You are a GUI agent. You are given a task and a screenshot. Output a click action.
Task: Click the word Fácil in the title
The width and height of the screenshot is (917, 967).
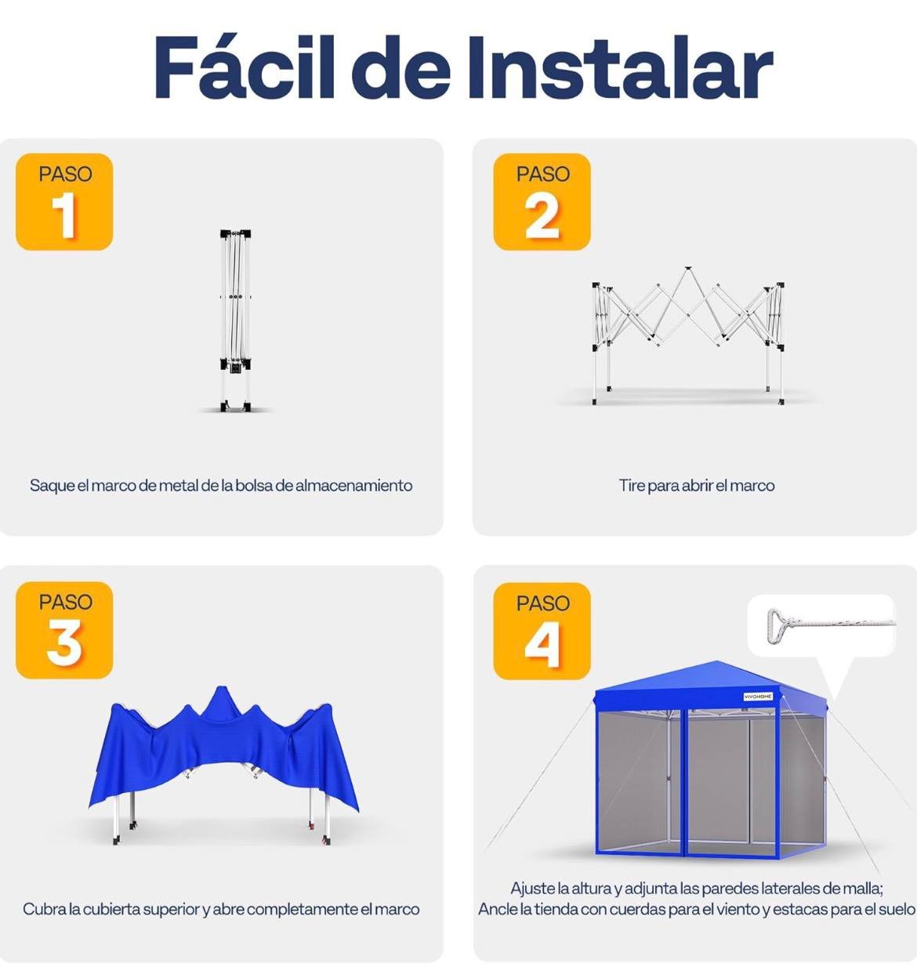point(245,67)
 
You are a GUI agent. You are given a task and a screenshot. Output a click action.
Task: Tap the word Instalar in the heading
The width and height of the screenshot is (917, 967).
point(621,67)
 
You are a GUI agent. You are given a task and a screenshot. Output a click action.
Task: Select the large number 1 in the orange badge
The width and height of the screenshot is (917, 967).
point(64,215)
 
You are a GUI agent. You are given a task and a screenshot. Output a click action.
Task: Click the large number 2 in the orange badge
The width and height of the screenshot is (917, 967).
point(542,215)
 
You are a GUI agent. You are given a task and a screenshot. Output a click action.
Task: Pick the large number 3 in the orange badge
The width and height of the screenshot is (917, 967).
point(64,643)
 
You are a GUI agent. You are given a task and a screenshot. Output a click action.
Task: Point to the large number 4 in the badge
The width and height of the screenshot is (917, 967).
point(542,644)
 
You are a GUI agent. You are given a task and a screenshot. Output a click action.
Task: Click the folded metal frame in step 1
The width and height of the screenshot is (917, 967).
point(235,320)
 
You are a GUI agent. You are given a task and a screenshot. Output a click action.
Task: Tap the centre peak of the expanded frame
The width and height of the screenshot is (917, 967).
point(688,269)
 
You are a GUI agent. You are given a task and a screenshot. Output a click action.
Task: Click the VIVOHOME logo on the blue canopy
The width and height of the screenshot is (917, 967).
point(758,697)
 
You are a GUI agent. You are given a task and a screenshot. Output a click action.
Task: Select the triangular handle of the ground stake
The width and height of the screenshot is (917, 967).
point(776,625)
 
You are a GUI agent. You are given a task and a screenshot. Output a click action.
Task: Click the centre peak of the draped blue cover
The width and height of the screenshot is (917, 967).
point(222,689)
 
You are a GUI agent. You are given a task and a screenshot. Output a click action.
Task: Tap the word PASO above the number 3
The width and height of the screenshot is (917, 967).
point(65,603)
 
